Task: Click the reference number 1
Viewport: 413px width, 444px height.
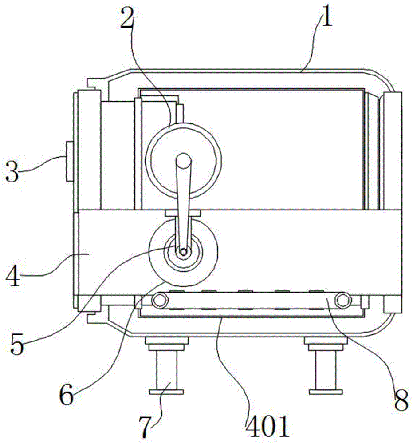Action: pyautogui.click(x=326, y=16)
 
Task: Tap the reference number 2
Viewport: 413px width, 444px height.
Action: pyautogui.click(x=127, y=18)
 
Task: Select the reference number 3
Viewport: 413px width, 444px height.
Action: pyautogui.click(x=12, y=171)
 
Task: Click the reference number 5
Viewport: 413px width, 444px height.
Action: pyautogui.click(x=17, y=344)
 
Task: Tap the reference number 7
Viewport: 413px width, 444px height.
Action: pyautogui.click(x=145, y=427)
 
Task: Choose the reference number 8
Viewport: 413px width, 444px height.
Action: pyautogui.click(x=401, y=400)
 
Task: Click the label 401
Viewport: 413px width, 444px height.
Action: pyautogui.click(x=268, y=426)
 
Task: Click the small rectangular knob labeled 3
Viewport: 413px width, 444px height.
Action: pyautogui.click(x=70, y=162)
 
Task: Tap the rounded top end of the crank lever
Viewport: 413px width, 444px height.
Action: pyautogui.click(x=183, y=160)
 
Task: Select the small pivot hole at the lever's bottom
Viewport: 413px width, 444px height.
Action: pyautogui.click(x=183, y=251)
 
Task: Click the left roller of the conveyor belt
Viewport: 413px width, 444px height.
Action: pyautogui.click(x=159, y=300)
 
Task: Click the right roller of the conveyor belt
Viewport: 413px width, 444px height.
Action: pyautogui.click(x=342, y=300)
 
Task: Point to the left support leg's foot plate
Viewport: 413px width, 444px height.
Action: pyautogui.click(x=166, y=392)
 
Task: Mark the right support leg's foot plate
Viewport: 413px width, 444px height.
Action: pyautogui.click(x=326, y=392)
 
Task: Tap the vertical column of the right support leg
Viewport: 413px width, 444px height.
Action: pyautogui.click(x=326, y=370)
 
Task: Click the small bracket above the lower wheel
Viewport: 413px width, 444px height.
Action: pyautogui.click(x=183, y=213)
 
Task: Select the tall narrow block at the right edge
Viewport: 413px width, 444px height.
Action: pyautogui.click(x=392, y=151)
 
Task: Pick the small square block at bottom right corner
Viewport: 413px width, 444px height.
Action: pyautogui.click(x=392, y=305)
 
